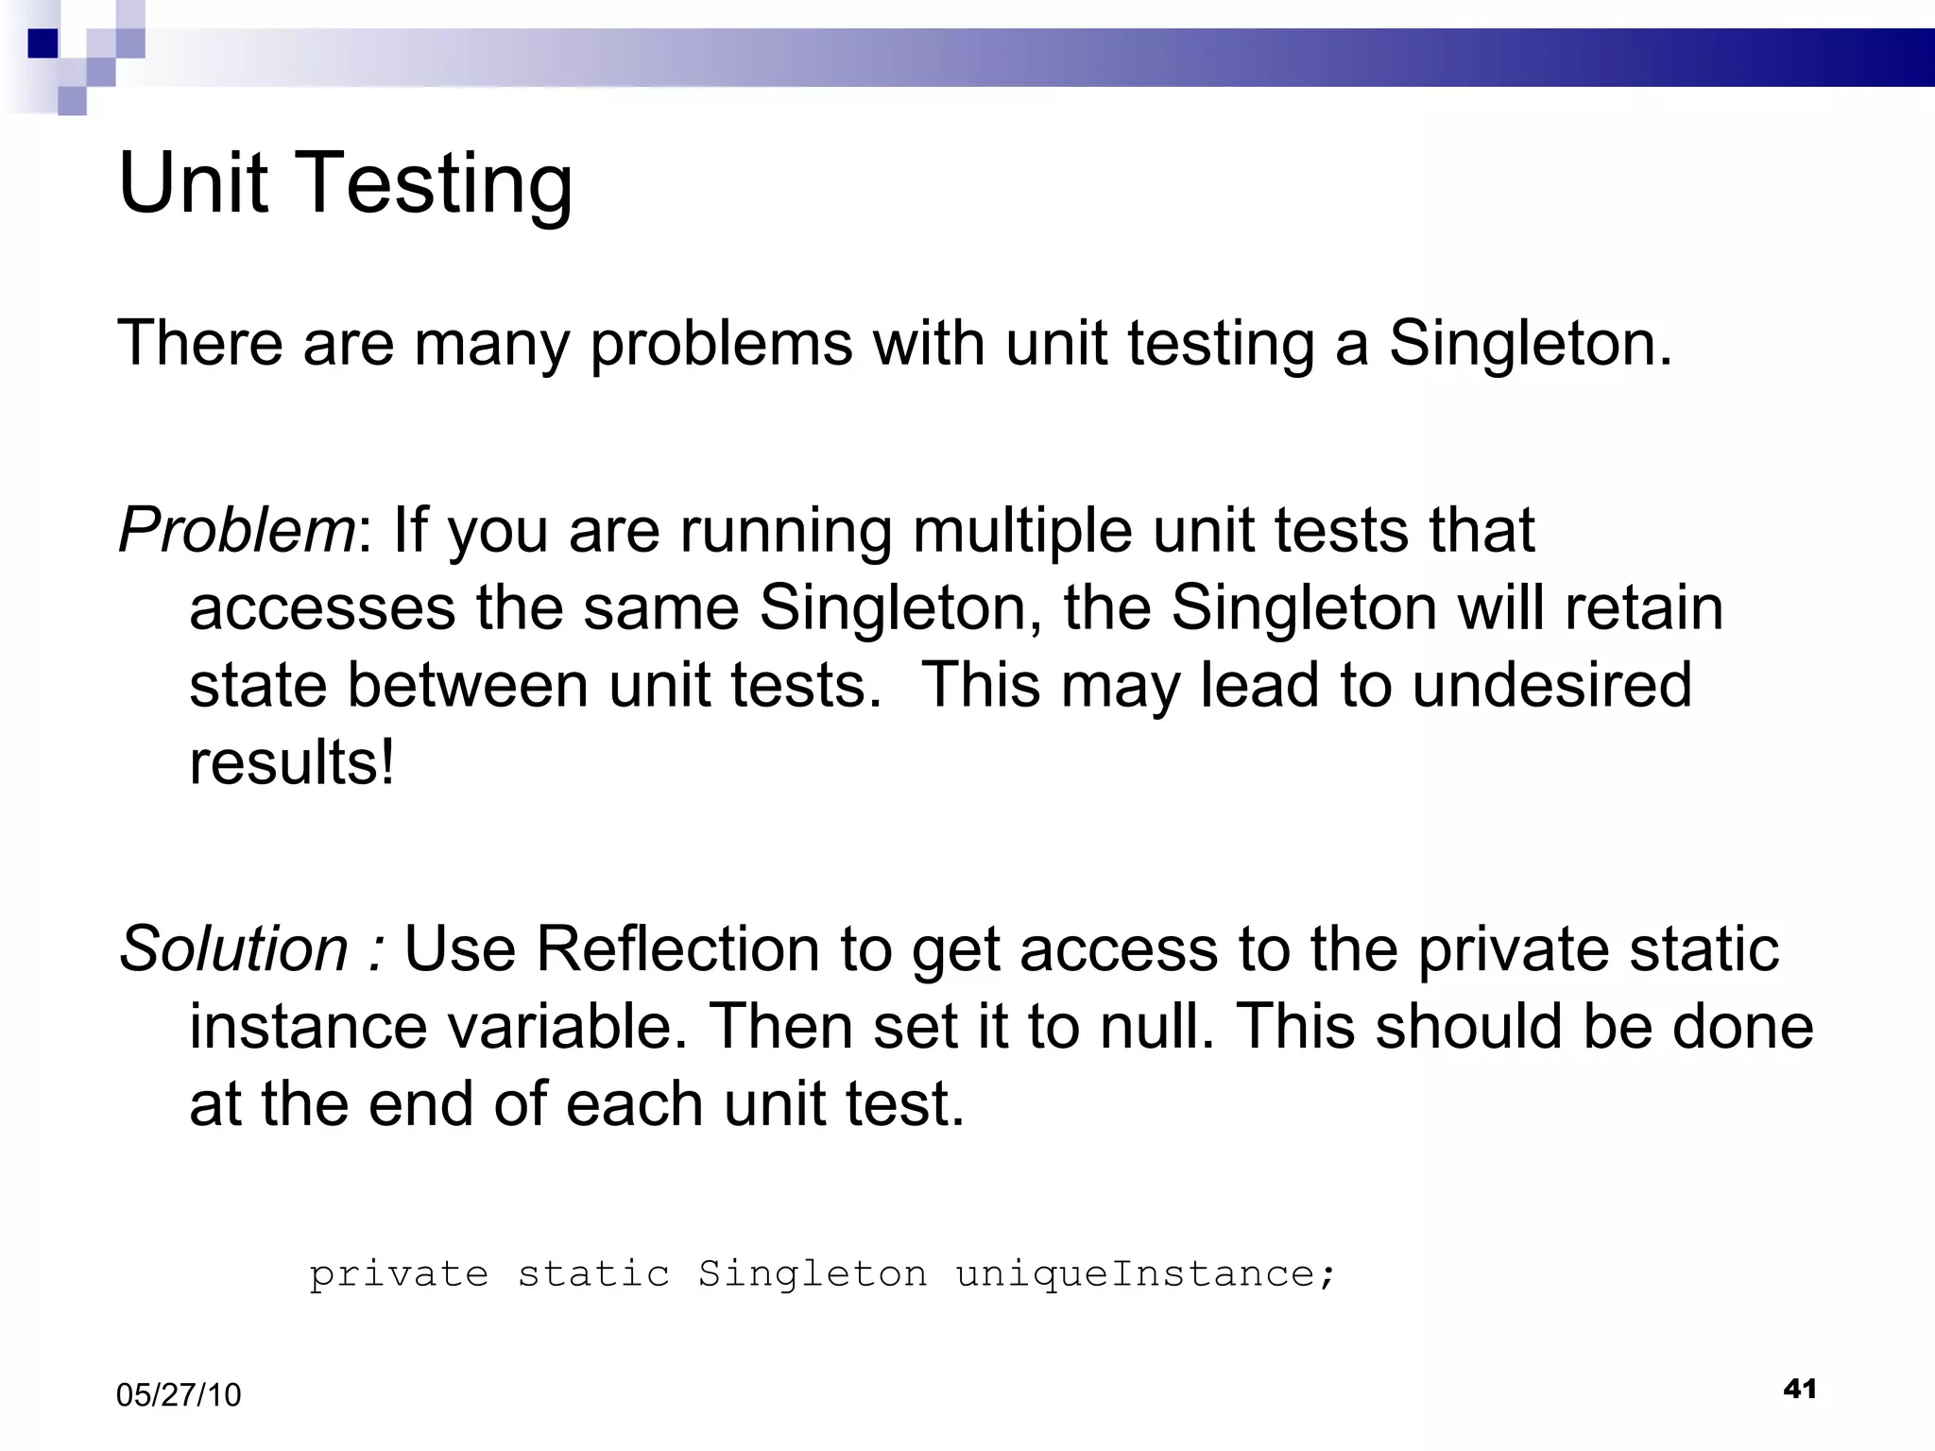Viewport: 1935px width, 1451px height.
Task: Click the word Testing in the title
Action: click(x=437, y=184)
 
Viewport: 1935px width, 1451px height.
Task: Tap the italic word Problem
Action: click(x=236, y=529)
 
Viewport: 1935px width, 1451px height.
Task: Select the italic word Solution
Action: click(x=233, y=948)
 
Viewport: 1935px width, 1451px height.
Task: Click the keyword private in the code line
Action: click(x=399, y=1274)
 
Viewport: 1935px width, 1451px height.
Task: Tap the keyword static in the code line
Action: click(x=593, y=1274)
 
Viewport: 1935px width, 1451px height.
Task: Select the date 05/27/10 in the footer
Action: click(x=179, y=1395)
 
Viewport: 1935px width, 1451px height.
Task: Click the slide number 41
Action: click(x=1799, y=1389)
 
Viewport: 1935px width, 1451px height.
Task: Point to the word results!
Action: click(x=292, y=762)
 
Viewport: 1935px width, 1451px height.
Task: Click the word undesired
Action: click(x=1551, y=685)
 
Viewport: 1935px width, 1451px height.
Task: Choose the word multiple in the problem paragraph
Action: click(x=1022, y=531)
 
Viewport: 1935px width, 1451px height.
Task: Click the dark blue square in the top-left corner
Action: click(x=43, y=43)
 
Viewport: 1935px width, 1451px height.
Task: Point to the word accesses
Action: click(x=322, y=609)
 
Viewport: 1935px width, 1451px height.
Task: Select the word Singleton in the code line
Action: click(x=813, y=1274)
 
